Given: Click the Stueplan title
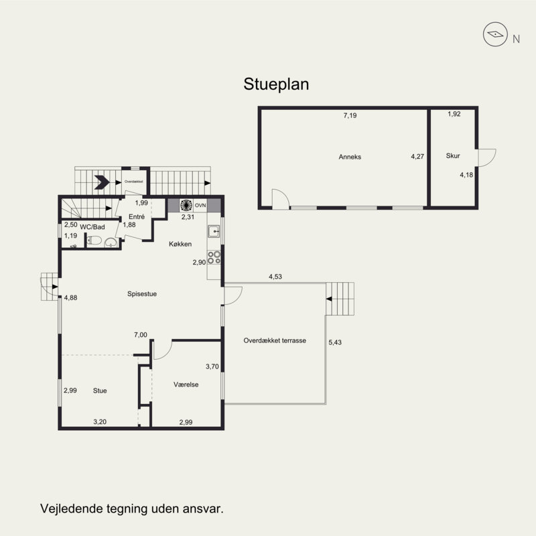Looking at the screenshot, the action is coord(276,84).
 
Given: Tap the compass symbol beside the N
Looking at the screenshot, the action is coord(495,34).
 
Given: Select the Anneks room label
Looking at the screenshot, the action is coord(350,157).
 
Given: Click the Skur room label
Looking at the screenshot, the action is coord(453,156).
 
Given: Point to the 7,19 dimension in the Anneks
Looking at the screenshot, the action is coord(350,115).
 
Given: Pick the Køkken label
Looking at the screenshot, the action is coord(180,244).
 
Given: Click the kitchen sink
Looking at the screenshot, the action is coord(214,231).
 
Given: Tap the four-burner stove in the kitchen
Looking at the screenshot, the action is coord(214,257).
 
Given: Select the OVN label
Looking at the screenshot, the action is coord(200,206).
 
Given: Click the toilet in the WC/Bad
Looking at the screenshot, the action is coord(94,241).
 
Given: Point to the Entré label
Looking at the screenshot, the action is coord(137,216).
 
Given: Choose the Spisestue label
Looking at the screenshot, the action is coord(142,293).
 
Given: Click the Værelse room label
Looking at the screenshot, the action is coord(186,385).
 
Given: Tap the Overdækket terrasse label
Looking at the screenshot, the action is coord(275,340).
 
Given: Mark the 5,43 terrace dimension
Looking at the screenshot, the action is coord(335,342).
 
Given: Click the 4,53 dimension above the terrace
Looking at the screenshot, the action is coord(275,277).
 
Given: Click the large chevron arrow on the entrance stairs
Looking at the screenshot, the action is coord(102,182).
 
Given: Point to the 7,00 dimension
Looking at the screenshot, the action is coord(141,335).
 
